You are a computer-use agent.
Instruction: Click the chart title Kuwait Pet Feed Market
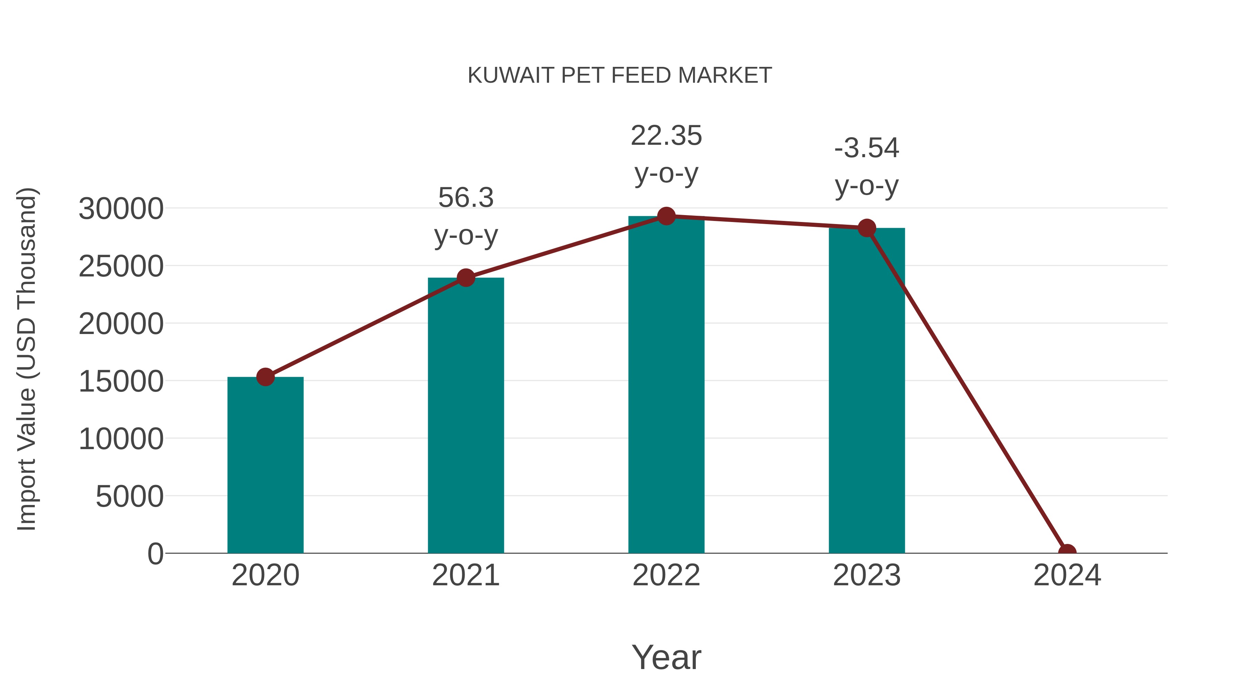pos(620,75)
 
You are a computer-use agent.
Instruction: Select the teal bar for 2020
pos(265,465)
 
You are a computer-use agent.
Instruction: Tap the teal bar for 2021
pos(465,415)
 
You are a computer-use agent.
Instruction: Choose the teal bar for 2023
pos(867,390)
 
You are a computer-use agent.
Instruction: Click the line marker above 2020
pos(265,377)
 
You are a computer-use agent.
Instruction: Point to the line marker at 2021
pos(465,277)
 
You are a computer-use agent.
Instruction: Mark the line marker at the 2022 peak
pos(666,216)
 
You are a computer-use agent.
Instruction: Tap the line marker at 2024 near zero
pos(1067,552)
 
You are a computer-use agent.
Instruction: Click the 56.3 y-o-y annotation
pos(465,217)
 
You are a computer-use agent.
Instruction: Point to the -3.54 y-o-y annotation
pos(867,167)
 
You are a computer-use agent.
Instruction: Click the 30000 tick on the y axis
pos(121,209)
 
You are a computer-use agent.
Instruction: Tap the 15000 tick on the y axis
pos(121,382)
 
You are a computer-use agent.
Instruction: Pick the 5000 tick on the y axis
pos(130,497)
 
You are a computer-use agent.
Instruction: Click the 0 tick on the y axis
pos(155,554)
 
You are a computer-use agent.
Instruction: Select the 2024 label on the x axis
pos(1067,575)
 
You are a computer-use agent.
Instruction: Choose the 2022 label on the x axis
pos(666,575)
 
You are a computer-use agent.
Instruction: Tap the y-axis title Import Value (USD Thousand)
pos(27,359)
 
